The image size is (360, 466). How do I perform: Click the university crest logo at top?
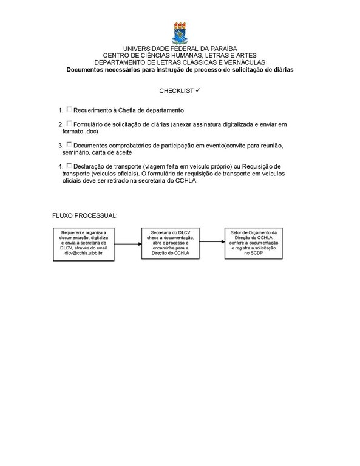[x=180, y=32]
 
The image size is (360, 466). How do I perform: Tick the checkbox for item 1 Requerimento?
[x=69, y=109]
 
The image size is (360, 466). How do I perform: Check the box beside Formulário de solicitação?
[x=69, y=123]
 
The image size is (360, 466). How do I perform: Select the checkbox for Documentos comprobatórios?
[x=69, y=144]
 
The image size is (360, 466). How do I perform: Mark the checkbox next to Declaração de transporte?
[x=69, y=165]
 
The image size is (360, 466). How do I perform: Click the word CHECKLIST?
[x=177, y=90]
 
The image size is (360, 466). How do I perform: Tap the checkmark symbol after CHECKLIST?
[x=199, y=90]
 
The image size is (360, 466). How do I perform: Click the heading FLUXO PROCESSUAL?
[x=84, y=215]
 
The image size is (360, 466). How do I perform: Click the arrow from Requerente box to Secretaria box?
[x=126, y=243]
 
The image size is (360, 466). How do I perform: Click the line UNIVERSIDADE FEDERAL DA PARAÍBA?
[x=180, y=48]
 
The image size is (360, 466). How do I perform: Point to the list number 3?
[x=61, y=146]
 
